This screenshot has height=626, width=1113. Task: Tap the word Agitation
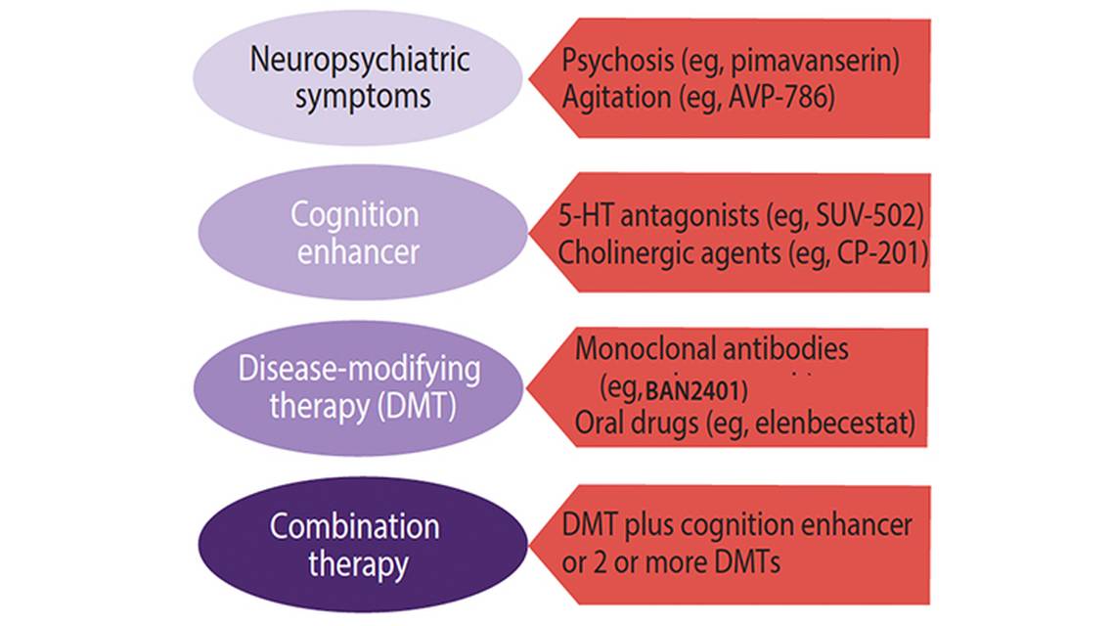[615, 98]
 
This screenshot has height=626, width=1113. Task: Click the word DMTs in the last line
[745, 562]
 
